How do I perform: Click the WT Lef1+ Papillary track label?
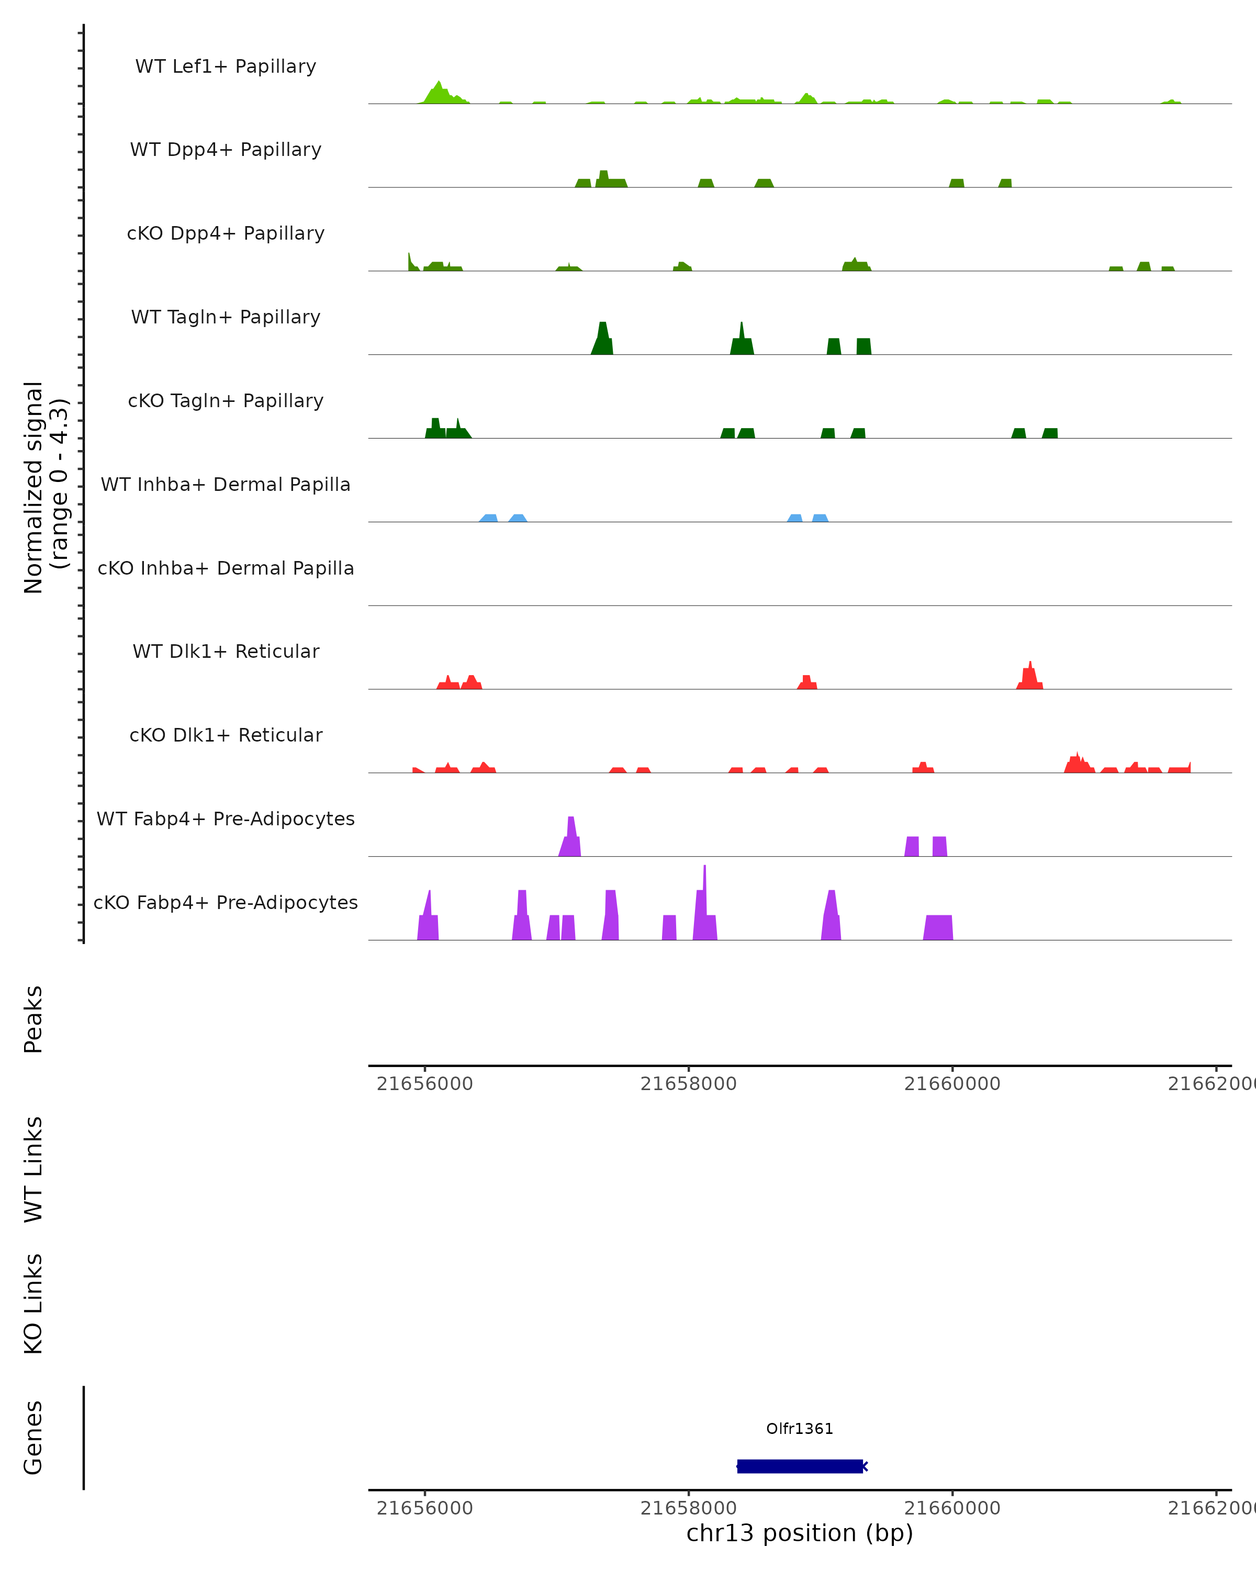tap(226, 66)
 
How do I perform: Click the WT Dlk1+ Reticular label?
tap(226, 651)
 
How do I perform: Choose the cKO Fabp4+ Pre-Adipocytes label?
tap(226, 902)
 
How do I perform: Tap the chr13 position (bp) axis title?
tap(800, 1533)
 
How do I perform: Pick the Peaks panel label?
tap(33, 1019)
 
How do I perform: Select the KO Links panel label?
tap(33, 1304)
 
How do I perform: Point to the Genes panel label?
tap(33, 1438)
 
